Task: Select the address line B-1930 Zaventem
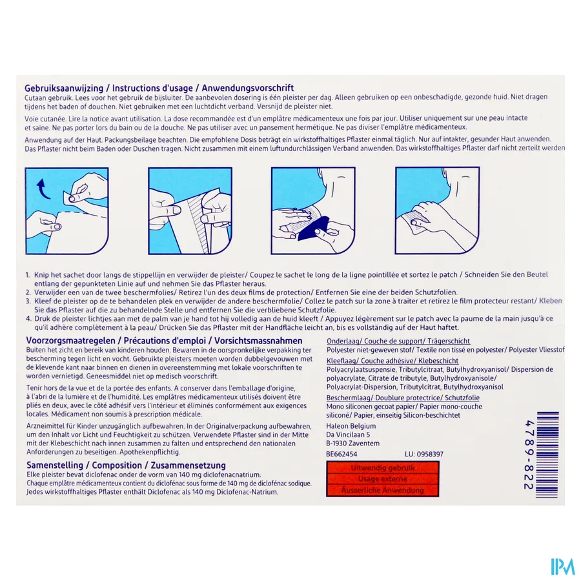[x=353, y=443]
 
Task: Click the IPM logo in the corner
[x=562, y=566]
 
